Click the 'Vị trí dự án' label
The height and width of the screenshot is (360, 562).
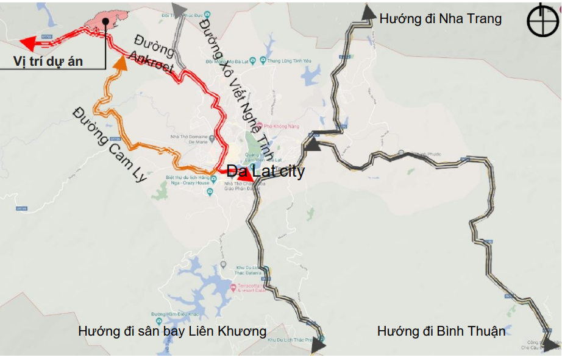tap(48, 61)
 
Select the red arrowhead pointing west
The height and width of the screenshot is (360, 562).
tap(28, 43)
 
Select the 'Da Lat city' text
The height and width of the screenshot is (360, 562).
tap(265, 171)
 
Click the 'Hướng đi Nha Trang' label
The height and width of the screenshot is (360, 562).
tap(440, 19)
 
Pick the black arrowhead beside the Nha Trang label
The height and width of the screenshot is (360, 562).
tap(368, 12)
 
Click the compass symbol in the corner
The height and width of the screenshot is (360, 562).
tap(541, 20)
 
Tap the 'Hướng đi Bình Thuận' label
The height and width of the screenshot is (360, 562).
tap(441, 331)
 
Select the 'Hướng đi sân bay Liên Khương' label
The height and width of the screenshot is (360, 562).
tap(172, 331)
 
